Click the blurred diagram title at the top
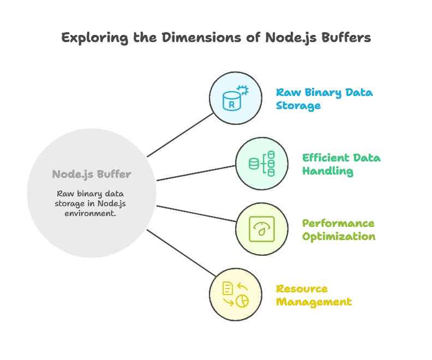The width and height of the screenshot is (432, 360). tap(215, 38)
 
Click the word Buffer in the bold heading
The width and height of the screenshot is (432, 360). tap(114, 175)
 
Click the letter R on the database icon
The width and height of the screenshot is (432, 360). tap(231, 103)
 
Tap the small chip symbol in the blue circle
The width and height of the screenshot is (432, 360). tap(242, 91)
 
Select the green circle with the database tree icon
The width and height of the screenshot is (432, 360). tap(261, 164)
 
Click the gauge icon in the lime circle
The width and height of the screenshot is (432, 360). tap(261, 229)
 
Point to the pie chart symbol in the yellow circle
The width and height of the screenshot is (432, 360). tap(242, 301)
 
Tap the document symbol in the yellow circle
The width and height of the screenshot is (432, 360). tap(228, 288)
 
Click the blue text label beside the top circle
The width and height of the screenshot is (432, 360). tap(324, 99)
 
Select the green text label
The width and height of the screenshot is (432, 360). tap(341, 165)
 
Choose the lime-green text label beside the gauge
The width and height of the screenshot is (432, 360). tap(338, 230)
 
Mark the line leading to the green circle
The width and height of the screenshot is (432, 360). tap(196, 173)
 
